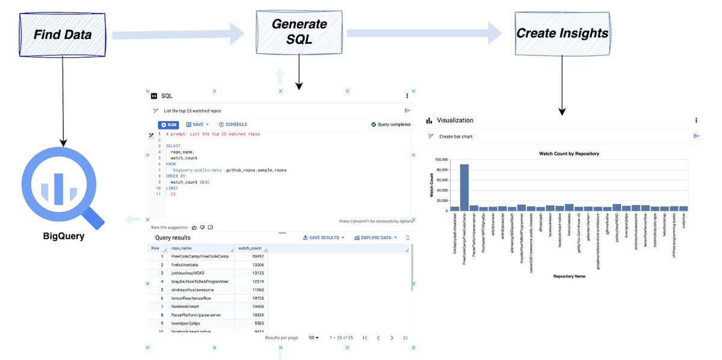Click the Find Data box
point(63,34)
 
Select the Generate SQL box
point(300,31)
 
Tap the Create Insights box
point(562,33)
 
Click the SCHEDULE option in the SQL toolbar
point(233,125)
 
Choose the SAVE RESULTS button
point(324,238)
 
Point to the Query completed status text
point(394,125)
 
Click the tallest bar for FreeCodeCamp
point(464,187)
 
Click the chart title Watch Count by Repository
point(569,154)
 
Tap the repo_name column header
point(182,248)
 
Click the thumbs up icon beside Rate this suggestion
point(194,228)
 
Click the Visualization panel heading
point(455,120)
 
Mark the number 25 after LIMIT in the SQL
point(173,194)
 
